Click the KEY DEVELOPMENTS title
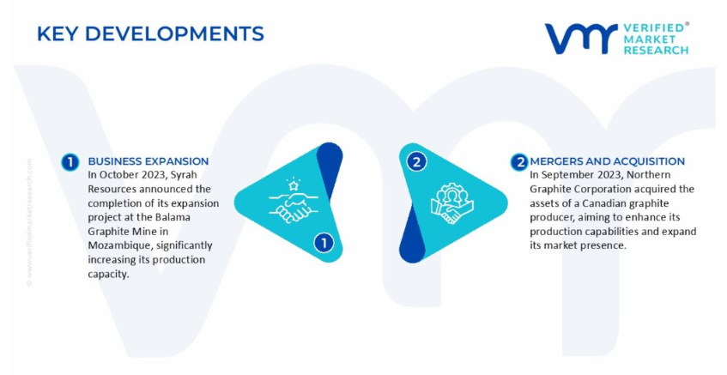click(x=150, y=33)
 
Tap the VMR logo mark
click(x=581, y=39)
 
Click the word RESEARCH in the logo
click(x=656, y=50)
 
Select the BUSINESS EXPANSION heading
click(x=148, y=161)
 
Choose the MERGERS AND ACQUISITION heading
click(x=608, y=161)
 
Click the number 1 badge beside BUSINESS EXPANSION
click(x=70, y=162)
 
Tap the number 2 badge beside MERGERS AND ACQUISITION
click(x=520, y=162)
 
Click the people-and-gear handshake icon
click(x=451, y=203)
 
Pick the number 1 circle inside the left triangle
click(x=324, y=243)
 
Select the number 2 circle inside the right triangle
click(x=416, y=162)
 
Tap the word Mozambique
click(x=118, y=245)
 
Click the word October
click(x=117, y=175)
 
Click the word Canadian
click(x=607, y=203)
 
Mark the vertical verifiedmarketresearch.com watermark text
click(x=29, y=222)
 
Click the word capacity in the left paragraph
click(x=107, y=275)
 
